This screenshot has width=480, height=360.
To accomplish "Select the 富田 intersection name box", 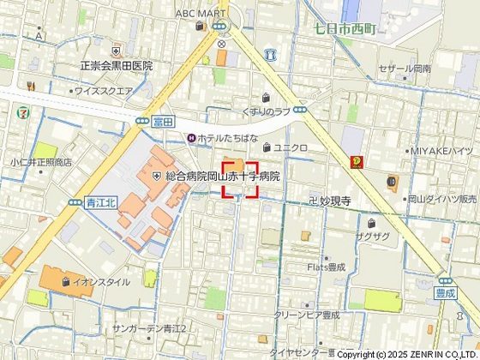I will (x=163, y=123).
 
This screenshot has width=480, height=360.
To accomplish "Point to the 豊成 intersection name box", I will (x=443, y=291).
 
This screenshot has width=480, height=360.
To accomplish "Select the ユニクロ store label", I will (x=291, y=148).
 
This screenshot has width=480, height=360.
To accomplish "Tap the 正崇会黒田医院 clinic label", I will (x=116, y=65).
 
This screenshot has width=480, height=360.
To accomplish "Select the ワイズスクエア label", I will (x=104, y=90).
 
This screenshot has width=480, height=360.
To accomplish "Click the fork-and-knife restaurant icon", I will (x=30, y=86).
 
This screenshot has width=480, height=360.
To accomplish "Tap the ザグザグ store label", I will (x=373, y=235).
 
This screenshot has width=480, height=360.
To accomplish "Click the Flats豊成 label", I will (x=326, y=267).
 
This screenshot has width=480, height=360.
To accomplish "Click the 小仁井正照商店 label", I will (x=41, y=161).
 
